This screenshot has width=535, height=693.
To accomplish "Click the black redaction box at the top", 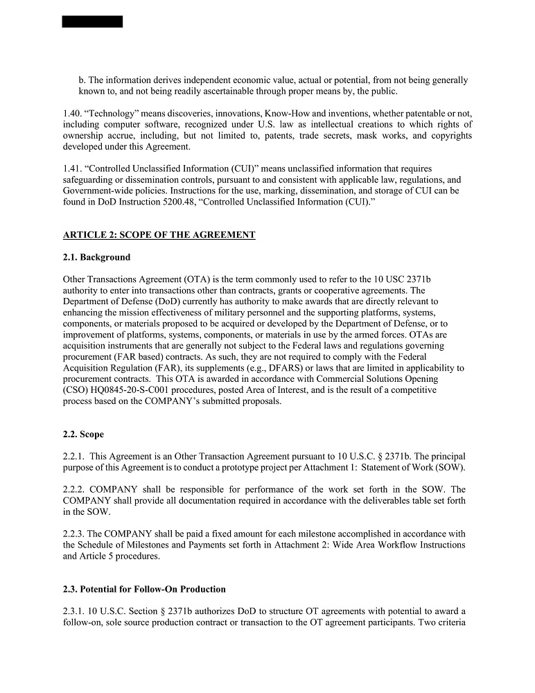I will [x=92, y=21].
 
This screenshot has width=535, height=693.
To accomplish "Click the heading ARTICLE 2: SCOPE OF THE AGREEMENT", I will [x=159, y=235].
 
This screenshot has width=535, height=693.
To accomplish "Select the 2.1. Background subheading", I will [x=96, y=257].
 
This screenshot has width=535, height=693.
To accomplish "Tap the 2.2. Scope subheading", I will [x=83, y=435].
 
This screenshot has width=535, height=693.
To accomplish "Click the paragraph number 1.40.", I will [x=72, y=113].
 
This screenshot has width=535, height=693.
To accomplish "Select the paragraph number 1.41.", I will [x=72, y=168].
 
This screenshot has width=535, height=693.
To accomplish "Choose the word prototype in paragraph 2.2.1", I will [x=238, y=467].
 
